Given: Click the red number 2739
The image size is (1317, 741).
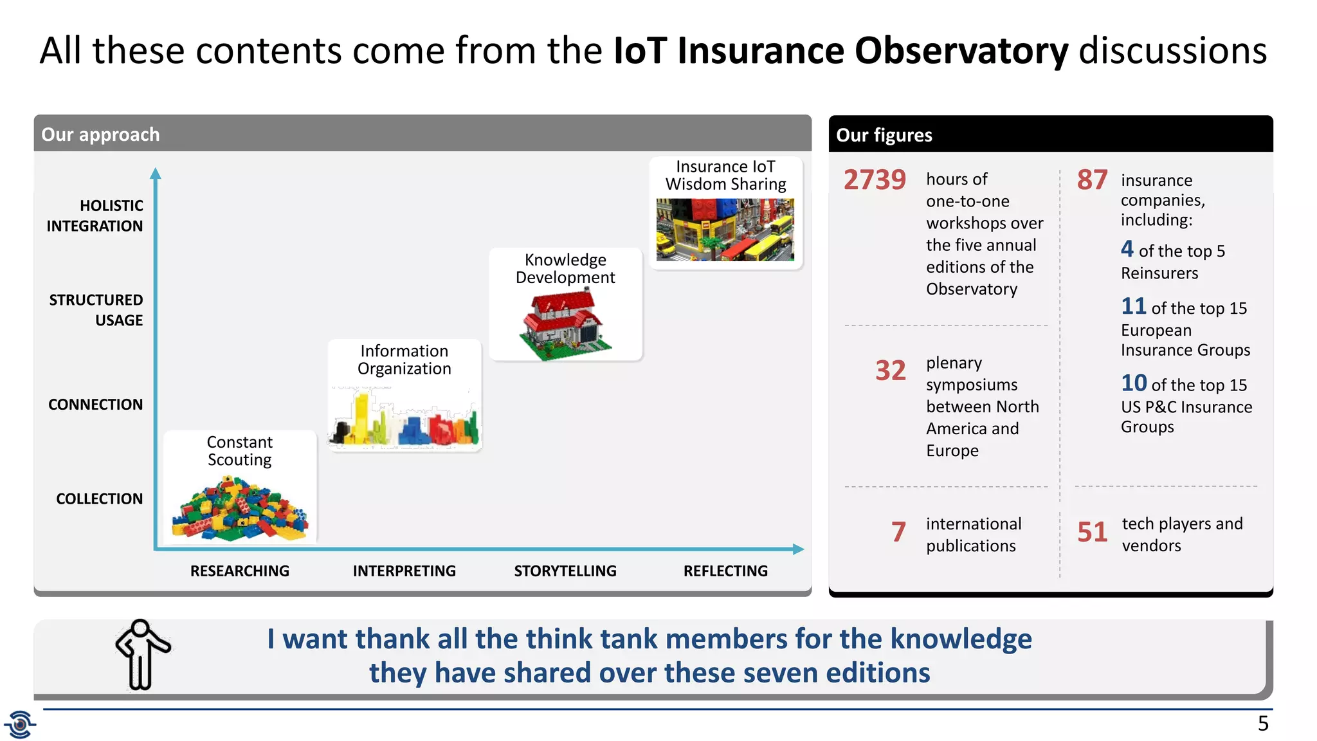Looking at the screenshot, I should click(875, 179).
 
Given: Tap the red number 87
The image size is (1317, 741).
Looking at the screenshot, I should click(1092, 180).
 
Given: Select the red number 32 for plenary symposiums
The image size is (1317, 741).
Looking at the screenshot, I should click(890, 370).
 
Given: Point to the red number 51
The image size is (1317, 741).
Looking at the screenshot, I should click(1092, 532).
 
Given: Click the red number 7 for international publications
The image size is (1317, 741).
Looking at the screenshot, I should click(898, 532).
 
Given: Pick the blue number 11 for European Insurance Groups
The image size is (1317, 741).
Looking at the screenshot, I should click(1133, 306).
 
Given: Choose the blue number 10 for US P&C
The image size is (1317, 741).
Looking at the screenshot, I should click(1134, 383).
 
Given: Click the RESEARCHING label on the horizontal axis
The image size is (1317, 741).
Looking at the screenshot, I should click(239, 571).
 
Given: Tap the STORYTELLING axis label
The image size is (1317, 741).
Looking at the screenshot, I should click(565, 571).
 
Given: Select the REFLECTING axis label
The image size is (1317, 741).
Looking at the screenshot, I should click(725, 571).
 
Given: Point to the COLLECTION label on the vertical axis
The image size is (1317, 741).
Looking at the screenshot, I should click(99, 499).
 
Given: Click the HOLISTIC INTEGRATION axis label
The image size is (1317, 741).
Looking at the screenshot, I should click(95, 216).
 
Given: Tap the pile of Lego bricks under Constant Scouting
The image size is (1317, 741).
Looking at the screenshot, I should click(240, 509).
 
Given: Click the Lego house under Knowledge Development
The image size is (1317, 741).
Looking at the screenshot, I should click(563, 325).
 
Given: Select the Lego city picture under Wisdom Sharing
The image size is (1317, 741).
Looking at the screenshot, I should click(725, 230).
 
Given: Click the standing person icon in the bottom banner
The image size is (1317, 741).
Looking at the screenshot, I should click(142, 654).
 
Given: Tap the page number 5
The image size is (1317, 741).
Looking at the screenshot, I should click(1263, 724).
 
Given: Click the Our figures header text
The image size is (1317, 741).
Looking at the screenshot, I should click(884, 135).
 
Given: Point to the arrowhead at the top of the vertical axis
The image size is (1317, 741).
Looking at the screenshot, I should click(155, 173).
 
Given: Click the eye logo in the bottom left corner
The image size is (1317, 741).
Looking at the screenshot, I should click(20, 725).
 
